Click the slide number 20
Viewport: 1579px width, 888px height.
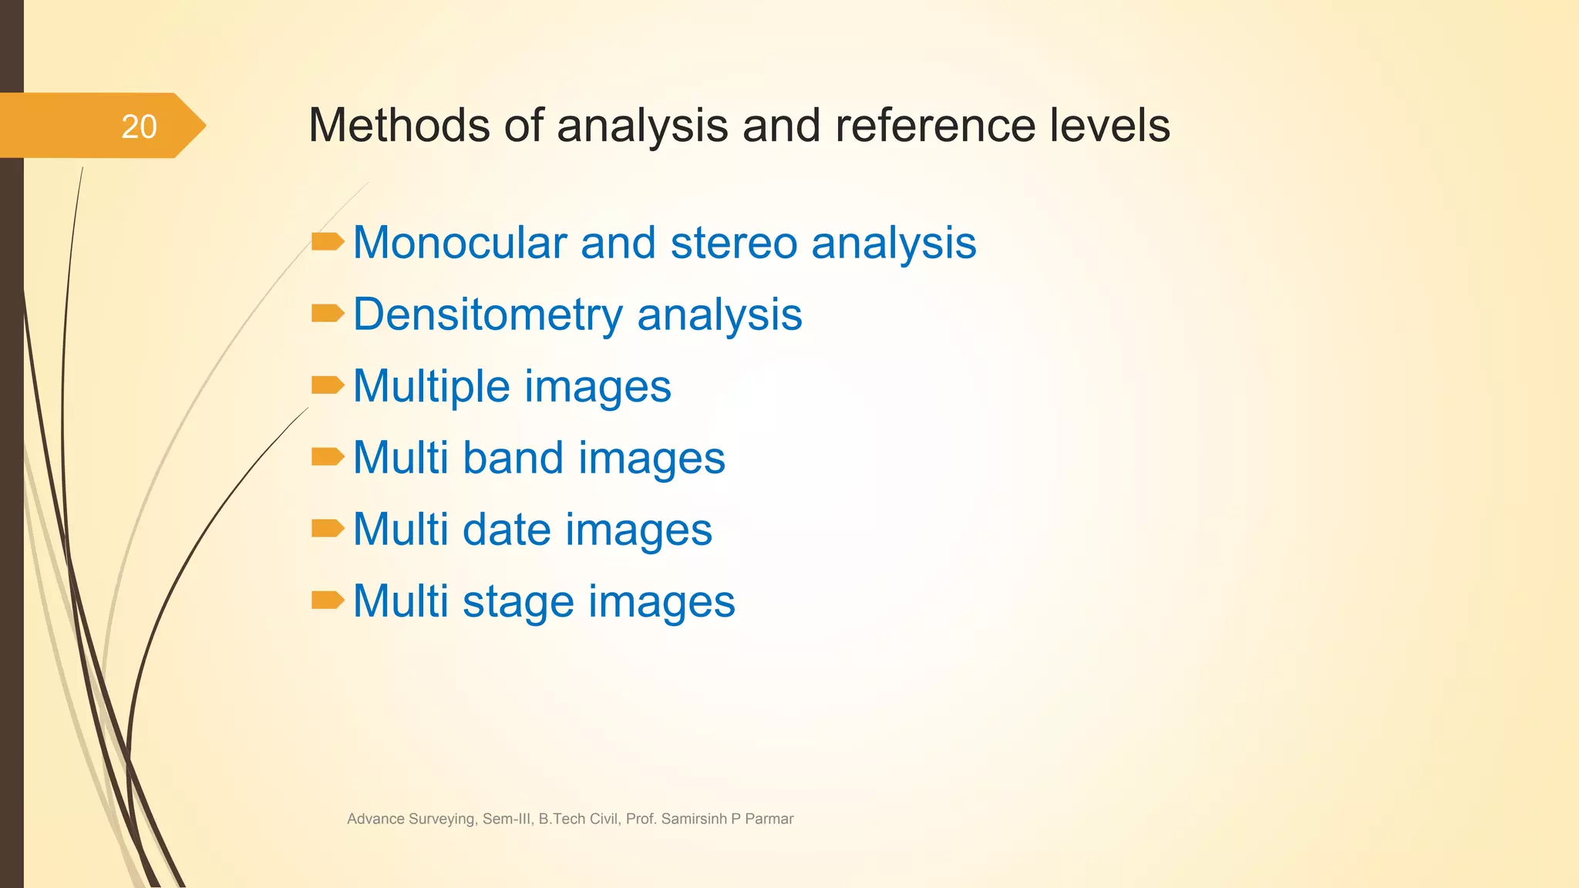click(139, 127)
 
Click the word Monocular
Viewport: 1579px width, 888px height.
click(460, 243)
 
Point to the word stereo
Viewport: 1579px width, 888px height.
click(733, 243)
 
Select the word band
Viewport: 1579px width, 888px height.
click(513, 458)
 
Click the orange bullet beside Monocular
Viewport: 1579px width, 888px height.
click(328, 242)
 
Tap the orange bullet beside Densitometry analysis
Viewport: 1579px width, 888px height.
click(328, 314)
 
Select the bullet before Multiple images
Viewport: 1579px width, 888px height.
click(328, 385)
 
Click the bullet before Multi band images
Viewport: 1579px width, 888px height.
click(328, 457)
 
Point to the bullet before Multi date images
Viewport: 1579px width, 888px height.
click(328, 528)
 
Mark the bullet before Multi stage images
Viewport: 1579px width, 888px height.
click(328, 600)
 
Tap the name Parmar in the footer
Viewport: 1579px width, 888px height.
click(769, 819)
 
